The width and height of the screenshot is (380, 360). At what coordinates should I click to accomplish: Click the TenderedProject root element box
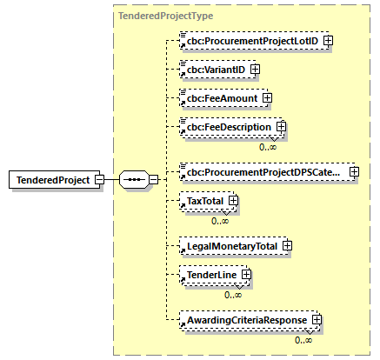click(51, 180)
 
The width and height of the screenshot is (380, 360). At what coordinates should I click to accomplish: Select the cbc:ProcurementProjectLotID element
click(250, 40)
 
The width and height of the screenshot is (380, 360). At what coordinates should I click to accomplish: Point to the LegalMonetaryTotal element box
click(229, 246)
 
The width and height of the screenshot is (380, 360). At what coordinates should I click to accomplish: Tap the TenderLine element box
click(208, 276)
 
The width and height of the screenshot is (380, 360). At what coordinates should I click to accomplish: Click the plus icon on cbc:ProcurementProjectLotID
click(329, 40)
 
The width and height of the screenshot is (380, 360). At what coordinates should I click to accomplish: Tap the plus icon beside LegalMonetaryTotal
click(286, 246)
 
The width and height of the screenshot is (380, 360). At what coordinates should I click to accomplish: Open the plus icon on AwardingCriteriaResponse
click(317, 320)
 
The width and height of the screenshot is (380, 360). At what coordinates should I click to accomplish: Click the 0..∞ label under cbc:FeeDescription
click(269, 148)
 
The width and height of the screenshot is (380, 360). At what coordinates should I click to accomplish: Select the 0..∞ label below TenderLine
click(233, 295)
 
